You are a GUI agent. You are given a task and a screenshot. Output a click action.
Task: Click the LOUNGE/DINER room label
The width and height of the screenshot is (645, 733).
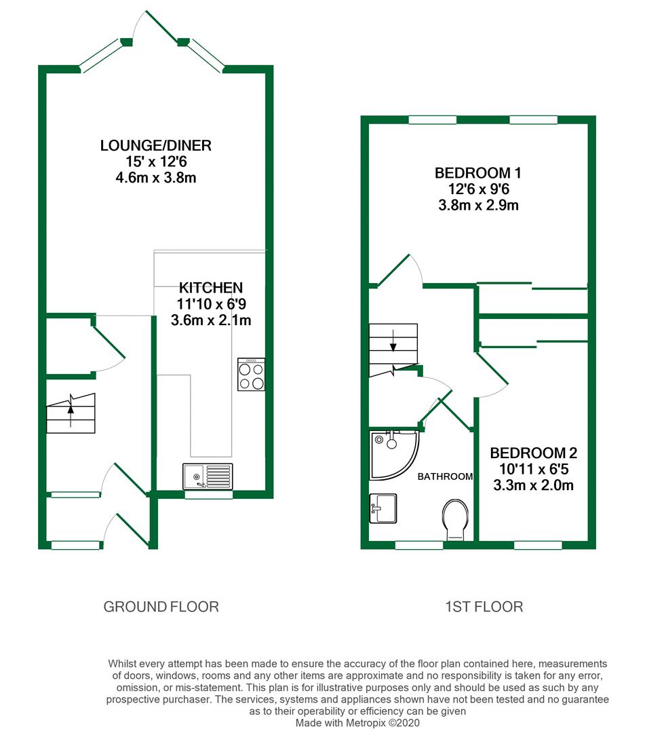(155, 145)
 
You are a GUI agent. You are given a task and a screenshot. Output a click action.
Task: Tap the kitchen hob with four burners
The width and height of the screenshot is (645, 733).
(251, 374)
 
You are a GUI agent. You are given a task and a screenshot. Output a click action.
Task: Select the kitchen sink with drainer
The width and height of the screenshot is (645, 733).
(208, 476)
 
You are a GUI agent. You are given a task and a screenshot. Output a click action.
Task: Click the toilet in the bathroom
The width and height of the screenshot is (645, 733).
(455, 519)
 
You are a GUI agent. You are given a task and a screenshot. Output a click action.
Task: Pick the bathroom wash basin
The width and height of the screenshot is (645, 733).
(383, 508)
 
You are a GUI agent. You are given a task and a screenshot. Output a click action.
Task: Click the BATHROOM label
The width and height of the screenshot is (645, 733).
(445, 476)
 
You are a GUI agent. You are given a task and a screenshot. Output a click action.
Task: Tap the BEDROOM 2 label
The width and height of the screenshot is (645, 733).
(533, 453)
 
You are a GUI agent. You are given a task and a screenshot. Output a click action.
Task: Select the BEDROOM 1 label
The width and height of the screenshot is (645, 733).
(477, 173)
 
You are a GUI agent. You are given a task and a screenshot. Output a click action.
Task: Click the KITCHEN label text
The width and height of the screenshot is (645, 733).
(211, 288)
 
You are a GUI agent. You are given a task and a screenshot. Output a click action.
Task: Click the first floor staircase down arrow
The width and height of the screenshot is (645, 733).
(393, 340)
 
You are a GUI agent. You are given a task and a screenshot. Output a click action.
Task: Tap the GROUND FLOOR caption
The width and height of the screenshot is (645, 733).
(161, 607)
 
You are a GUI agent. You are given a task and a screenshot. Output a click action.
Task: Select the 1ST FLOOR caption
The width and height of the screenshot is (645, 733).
(484, 607)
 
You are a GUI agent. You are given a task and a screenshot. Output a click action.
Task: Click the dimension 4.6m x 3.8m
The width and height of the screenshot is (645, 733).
(155, 178)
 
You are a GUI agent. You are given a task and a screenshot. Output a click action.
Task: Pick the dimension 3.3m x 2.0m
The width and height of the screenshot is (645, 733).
(533, 485)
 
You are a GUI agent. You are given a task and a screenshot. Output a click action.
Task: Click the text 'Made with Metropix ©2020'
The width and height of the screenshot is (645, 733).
(357, 723)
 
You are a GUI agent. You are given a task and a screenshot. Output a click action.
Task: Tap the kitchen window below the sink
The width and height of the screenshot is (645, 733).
(208, 495)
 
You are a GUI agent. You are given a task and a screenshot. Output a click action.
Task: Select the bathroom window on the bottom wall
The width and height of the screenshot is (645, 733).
(419, 545)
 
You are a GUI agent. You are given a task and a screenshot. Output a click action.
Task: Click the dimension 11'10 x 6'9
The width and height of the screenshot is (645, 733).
(211, 304)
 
